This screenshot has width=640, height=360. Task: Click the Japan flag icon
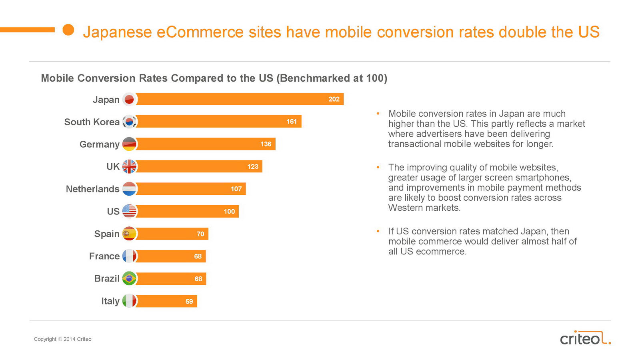point(129,99)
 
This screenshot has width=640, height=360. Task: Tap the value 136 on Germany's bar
point(266,144)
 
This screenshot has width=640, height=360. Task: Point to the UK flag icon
point(129,166)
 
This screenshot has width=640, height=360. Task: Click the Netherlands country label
point(92,189)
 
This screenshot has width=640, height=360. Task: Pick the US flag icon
point(129,211)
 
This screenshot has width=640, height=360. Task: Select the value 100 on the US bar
point(229,212)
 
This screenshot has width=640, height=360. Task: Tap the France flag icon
point(129,256)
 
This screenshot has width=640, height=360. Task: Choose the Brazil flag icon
point(129,278)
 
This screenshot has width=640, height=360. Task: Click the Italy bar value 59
point(189,302)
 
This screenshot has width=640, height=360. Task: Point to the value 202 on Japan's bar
point(334,99)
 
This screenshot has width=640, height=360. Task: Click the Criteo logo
point(585,338)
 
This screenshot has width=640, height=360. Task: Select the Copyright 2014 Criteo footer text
point(63,339)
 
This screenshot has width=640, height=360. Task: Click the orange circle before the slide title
point(68,30)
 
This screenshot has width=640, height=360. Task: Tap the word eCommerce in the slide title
point(200,32)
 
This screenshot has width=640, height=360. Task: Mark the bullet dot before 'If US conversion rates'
point(378,231)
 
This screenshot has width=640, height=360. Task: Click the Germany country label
point(99,144)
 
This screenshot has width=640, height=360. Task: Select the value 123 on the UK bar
point(252,167)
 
